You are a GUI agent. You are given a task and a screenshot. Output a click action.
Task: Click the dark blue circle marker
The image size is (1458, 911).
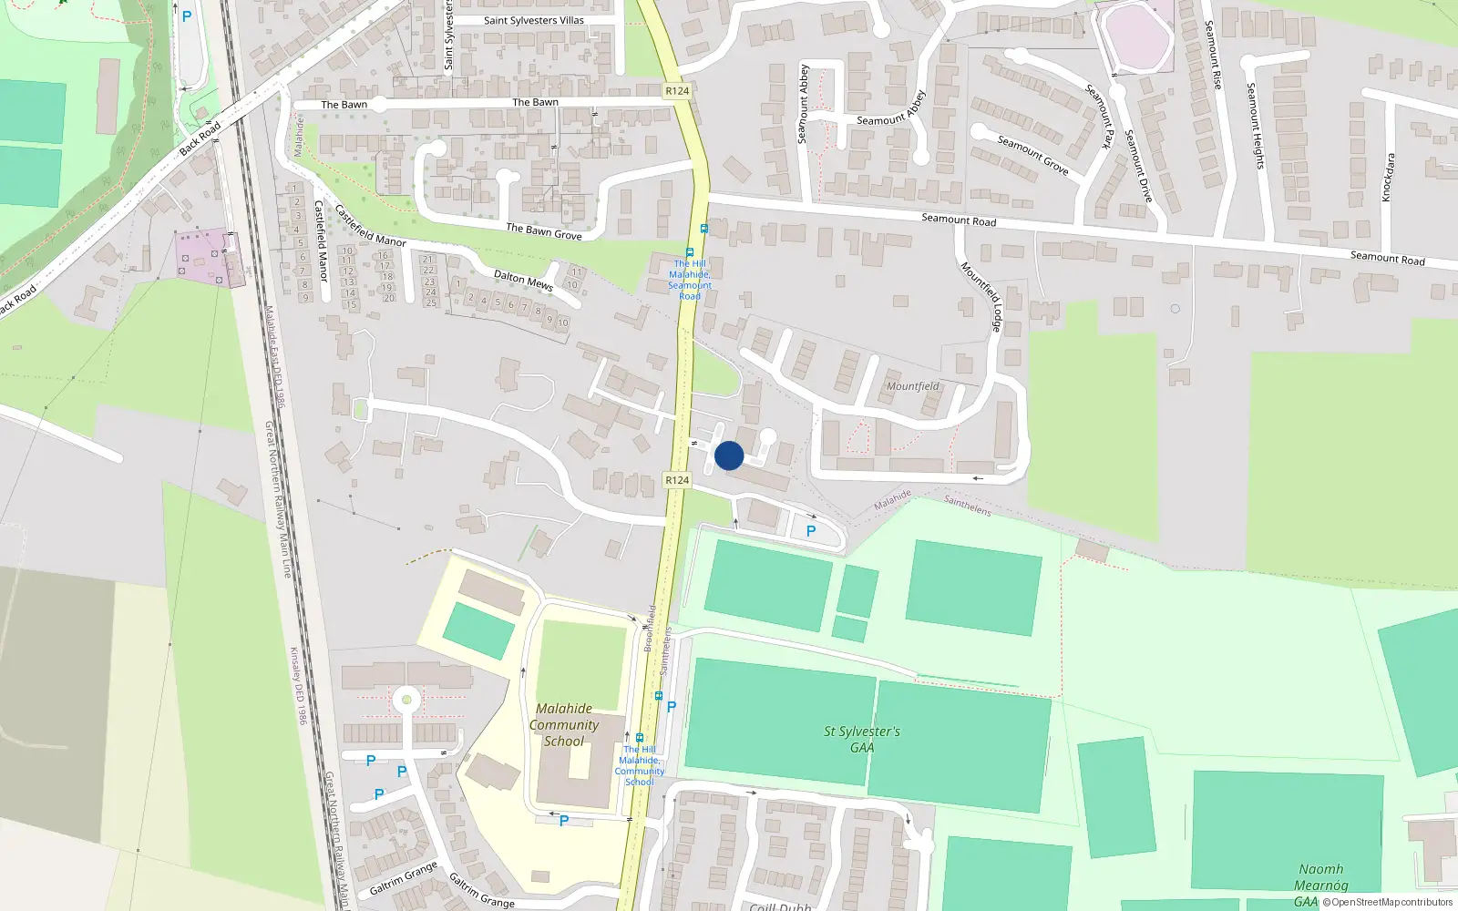[x=729, y=455]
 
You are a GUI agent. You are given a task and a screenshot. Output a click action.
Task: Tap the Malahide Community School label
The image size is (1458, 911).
[x=564, y=725]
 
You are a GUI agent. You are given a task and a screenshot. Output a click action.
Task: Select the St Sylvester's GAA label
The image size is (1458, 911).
[x=861, y=739]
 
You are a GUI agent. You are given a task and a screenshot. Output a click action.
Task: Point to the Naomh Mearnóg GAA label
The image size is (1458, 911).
[x=1319, y=885]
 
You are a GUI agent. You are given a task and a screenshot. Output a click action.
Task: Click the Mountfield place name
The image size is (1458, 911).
[x=913, y=386]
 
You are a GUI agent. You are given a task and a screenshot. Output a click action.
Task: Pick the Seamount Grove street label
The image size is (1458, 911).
[x=1032, y=155]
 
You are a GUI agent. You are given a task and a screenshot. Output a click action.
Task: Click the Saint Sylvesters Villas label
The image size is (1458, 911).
[x=533, y=20]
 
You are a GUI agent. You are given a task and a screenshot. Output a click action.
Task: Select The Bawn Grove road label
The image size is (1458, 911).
[x=543, y=231]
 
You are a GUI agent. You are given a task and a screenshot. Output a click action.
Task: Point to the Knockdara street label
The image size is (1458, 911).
[x=1388, y=178]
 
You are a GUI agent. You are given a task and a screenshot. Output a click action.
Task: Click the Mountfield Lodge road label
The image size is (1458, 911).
[x=981, y=296]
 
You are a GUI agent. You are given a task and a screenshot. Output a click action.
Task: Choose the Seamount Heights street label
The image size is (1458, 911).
[x=1256, y=126]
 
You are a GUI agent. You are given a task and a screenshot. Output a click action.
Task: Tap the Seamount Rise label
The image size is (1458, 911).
[x=1213, y=55]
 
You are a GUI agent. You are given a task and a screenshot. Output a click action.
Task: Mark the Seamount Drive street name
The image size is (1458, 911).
[x=1138, y=166]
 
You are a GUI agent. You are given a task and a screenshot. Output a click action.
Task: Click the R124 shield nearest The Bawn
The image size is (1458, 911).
[x=677, y=91]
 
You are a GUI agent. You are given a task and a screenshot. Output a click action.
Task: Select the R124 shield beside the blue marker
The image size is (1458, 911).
[x=677, y=480]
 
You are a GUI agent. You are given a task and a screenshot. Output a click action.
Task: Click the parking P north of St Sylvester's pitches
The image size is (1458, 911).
[x=811, y=530]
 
